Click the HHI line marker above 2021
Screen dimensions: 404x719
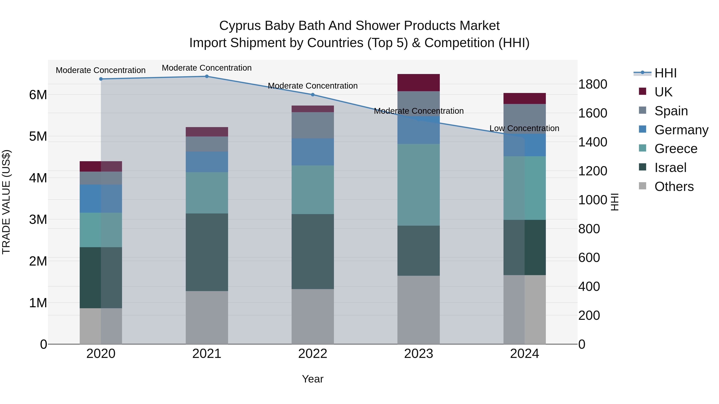click(207, 76)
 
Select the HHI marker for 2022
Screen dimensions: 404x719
click(313, 95)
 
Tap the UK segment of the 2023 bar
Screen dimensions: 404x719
click(418, 83)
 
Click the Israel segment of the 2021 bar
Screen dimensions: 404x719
click(207, 252)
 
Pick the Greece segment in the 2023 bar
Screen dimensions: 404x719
click(418, 185)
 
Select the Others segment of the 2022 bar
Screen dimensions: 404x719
click(313, 316)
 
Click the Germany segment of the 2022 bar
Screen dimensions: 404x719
click(313, 152)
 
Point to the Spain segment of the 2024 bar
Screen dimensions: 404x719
click(524, 119)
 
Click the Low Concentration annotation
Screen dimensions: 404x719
click(524, 128)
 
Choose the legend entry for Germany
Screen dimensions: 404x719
click(681, 130)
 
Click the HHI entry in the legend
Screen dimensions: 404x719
click(665, 73)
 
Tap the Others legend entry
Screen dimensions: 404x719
click(674, 187)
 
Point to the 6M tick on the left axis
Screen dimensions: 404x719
click(38, 95)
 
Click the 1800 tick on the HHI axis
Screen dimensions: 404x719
click(592, 84)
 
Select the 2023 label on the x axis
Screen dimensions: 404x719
click(418, 354)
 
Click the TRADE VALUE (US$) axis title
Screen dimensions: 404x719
click(6, 202)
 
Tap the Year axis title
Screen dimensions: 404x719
click(313, 379)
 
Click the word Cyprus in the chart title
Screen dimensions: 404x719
click(240, 26)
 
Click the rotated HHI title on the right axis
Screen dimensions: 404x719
click(615, 202)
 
